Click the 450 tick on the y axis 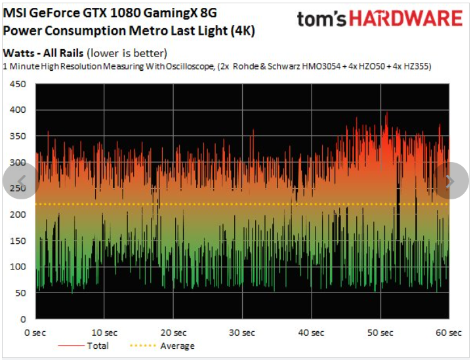coord(16,84)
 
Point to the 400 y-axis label coord(16,110)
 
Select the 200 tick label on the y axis coord(16,214)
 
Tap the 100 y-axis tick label coord(16,266)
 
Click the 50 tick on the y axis coord(19,292)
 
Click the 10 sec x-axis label coord(105,332)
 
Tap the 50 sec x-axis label coord(380,332)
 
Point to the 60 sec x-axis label coord(449,332)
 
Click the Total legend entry coord(98,346)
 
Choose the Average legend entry coord(177,346)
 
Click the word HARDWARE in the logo coord(405,18)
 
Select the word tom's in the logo coord(321,18)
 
